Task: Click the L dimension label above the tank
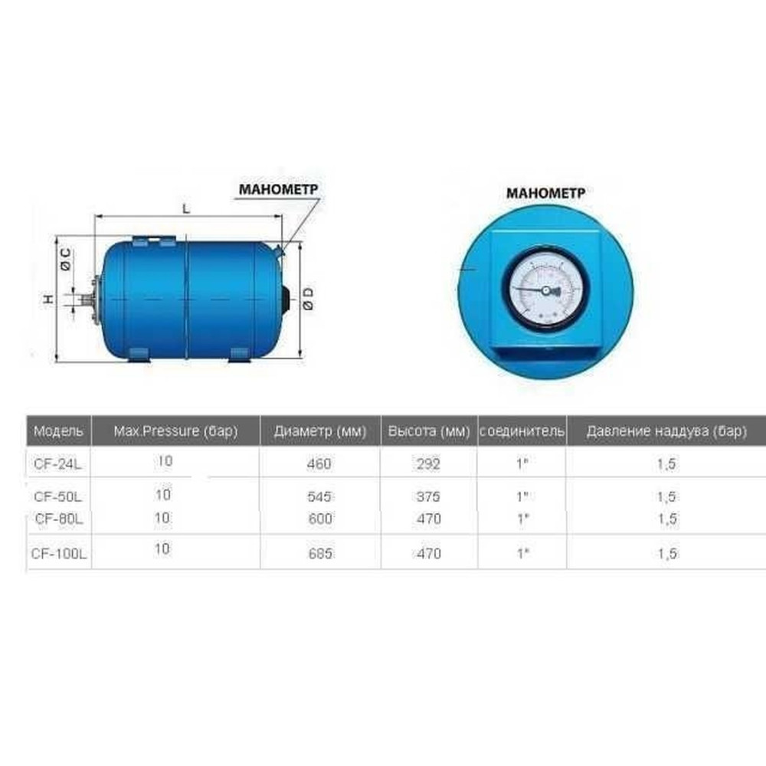186,209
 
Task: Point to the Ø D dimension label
307,298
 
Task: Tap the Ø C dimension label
66,257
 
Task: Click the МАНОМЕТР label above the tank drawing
277,188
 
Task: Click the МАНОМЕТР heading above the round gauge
545,193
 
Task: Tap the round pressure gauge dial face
545,290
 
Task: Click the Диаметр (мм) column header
320,431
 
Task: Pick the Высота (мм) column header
428,431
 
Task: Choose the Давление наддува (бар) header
666,431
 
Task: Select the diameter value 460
319,463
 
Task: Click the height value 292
428,463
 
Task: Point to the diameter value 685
319,553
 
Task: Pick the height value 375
428,496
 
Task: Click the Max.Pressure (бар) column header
175,431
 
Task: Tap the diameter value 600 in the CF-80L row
320,519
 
